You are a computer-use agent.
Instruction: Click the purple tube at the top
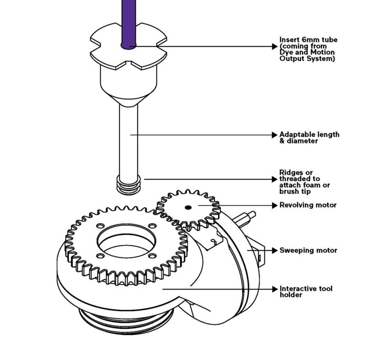click(x=128, y=20)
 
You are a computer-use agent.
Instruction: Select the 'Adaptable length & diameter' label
click(x=309, y=138)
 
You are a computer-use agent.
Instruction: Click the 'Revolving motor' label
click(x=308, y=205)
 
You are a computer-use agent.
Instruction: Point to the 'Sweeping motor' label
click(x=308, y=251)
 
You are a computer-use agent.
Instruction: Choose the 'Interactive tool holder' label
click(x=306, y=292)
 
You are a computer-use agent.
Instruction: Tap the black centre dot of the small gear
click(x=187, y=207)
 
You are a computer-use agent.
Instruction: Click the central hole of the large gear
click(x=125, y=242)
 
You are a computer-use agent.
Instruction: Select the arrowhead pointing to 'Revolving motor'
click(x=274, y=206)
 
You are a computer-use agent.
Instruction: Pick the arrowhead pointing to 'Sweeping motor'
click(x=274, y=251)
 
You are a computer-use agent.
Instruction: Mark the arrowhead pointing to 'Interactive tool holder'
click(x=274, y=289)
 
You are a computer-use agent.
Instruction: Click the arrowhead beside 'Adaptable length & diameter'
click(x=274, y=134)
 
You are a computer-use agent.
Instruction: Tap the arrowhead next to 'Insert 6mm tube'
click(x=274, y=47)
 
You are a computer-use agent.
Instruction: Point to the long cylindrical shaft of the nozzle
click(x=128, y=142)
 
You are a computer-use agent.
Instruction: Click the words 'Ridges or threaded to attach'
click(x=304, y=179)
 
